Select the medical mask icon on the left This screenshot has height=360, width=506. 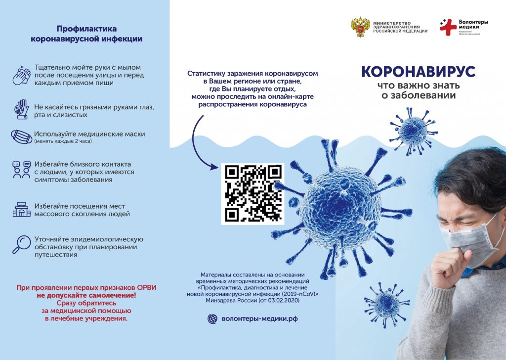21,136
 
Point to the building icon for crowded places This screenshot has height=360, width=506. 22,209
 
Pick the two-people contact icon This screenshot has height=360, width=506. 22,170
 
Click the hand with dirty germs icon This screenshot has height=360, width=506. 22,109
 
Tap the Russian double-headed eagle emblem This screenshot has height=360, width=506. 360,28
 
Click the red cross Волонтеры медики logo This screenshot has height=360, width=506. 448,27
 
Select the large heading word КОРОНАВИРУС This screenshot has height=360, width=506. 418,72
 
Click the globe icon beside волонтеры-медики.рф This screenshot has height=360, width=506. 212,319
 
